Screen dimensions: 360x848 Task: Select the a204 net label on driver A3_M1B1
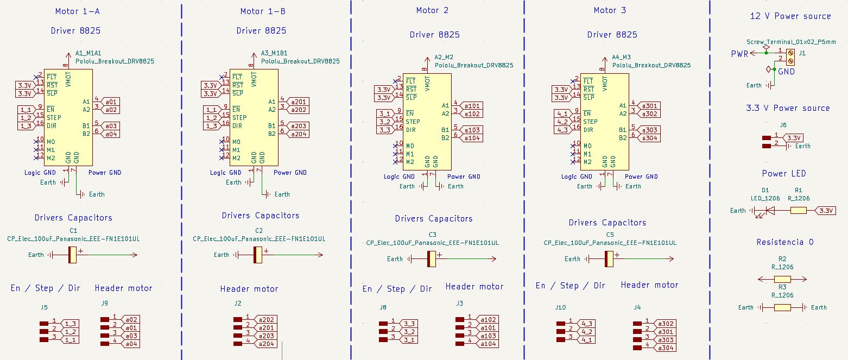click(299, 134)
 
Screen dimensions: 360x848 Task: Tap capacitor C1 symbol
click(73, 255)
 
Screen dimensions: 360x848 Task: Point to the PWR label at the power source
click(740, 54)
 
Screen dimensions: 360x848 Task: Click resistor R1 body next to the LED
click(798, 211)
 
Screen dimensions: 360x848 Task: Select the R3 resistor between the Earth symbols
click(782, 307)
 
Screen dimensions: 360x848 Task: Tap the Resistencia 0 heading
click(785, 242)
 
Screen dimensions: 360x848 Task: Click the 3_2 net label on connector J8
click(410, 332)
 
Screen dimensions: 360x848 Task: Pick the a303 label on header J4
click(666, 339)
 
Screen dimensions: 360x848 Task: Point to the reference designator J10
click(560, 307)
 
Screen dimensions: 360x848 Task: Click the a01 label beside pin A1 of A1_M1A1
click(111, 102)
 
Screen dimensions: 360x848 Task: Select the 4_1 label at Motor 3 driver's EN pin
click(562, 114)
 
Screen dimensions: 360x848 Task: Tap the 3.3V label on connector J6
click(794, 138)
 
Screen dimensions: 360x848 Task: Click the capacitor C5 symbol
click(609, 259)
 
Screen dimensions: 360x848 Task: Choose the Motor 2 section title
click(432, 10)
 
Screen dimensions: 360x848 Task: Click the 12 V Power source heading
click(790, 16)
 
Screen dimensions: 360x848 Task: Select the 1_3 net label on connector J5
click(71, 324)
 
